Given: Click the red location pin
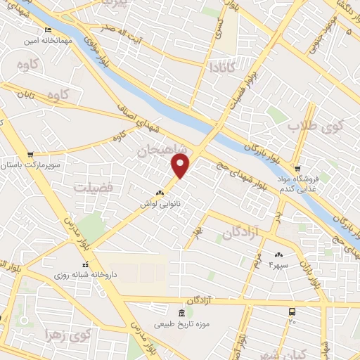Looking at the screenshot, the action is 181,166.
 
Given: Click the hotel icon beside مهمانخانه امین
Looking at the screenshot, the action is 48,30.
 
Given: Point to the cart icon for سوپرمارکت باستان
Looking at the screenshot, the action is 30,154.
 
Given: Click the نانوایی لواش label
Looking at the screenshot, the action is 160,203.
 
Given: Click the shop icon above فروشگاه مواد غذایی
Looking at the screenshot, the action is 298,169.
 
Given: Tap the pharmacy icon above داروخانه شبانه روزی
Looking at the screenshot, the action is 86,264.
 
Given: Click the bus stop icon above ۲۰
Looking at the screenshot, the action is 292,311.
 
